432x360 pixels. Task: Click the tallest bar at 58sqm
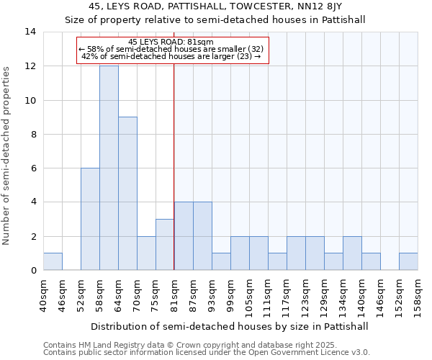click(109, 168)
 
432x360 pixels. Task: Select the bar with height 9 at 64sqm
click(127, 194)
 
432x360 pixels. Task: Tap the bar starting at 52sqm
click(90, 219)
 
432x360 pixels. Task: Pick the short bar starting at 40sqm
click(53, 262)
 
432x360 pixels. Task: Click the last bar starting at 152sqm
click(408, 262)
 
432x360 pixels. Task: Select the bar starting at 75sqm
click(165, 245)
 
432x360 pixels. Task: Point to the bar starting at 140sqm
click(371, 262)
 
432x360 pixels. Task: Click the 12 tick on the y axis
click(32, 66)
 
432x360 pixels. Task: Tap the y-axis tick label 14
click(32, 32)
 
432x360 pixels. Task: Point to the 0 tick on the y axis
click(34, 271)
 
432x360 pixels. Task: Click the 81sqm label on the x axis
click(174, 296)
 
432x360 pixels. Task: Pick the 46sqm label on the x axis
click(62, 296)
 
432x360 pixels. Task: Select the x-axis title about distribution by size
click(230, 326)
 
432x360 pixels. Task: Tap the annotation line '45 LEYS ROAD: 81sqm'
click(171, 42)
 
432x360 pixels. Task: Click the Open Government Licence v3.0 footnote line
click(207, 353)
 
